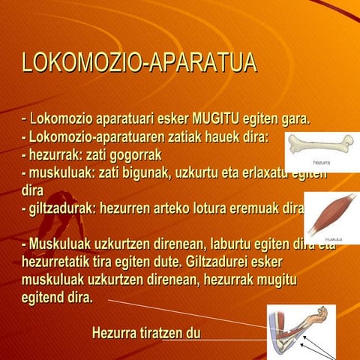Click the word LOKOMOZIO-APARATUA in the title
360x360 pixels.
coord(139,63)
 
